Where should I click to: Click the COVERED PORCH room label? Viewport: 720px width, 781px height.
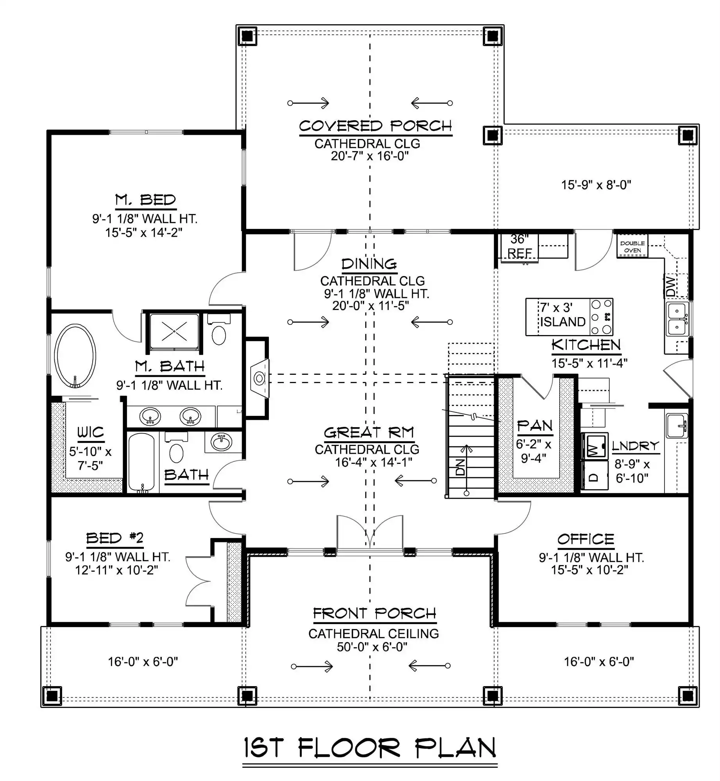point(375,126)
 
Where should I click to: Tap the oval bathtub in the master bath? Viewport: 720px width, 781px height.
point(75,355)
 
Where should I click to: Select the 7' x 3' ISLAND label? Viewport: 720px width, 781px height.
point(562,315)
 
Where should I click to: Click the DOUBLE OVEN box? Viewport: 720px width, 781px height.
point(632,246)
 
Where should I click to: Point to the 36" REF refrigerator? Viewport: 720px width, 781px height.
point(519,246)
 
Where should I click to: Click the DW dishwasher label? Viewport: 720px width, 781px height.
point(671,286)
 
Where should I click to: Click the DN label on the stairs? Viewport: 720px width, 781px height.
point(460,467)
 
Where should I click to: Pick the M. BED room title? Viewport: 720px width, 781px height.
point(145,200)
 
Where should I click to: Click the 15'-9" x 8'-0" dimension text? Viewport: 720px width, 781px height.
point(596,185)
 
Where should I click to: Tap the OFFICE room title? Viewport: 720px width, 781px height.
point(586,539)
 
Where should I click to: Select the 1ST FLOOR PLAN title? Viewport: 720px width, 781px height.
point(370,748)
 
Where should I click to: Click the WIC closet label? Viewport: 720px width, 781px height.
point(90,432)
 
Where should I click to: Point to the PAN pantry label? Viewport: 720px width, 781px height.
point(535,426)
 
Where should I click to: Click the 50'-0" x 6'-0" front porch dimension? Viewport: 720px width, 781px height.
point(372,647)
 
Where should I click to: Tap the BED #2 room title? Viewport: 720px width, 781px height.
point(115,538)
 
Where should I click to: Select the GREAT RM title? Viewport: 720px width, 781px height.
point(369,433)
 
